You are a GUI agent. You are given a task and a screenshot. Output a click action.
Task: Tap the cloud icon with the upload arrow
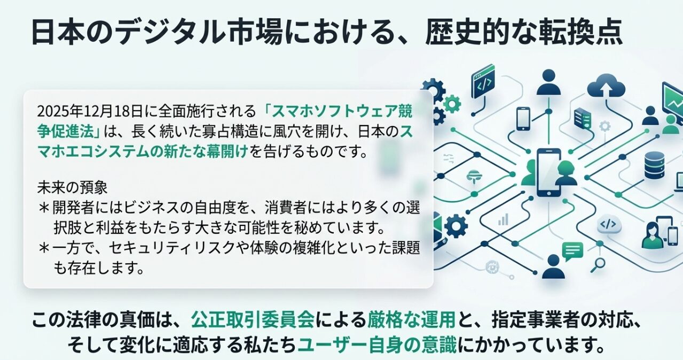tap(606, 89)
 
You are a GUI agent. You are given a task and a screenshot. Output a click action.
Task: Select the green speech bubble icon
tap(572, 250)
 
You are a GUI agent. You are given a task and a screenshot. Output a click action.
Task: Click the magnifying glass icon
tap(598, 263)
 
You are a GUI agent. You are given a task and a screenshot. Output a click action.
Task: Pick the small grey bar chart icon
tap(503, 219)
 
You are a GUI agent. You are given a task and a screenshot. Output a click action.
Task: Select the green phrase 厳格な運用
tap(411, 320)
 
